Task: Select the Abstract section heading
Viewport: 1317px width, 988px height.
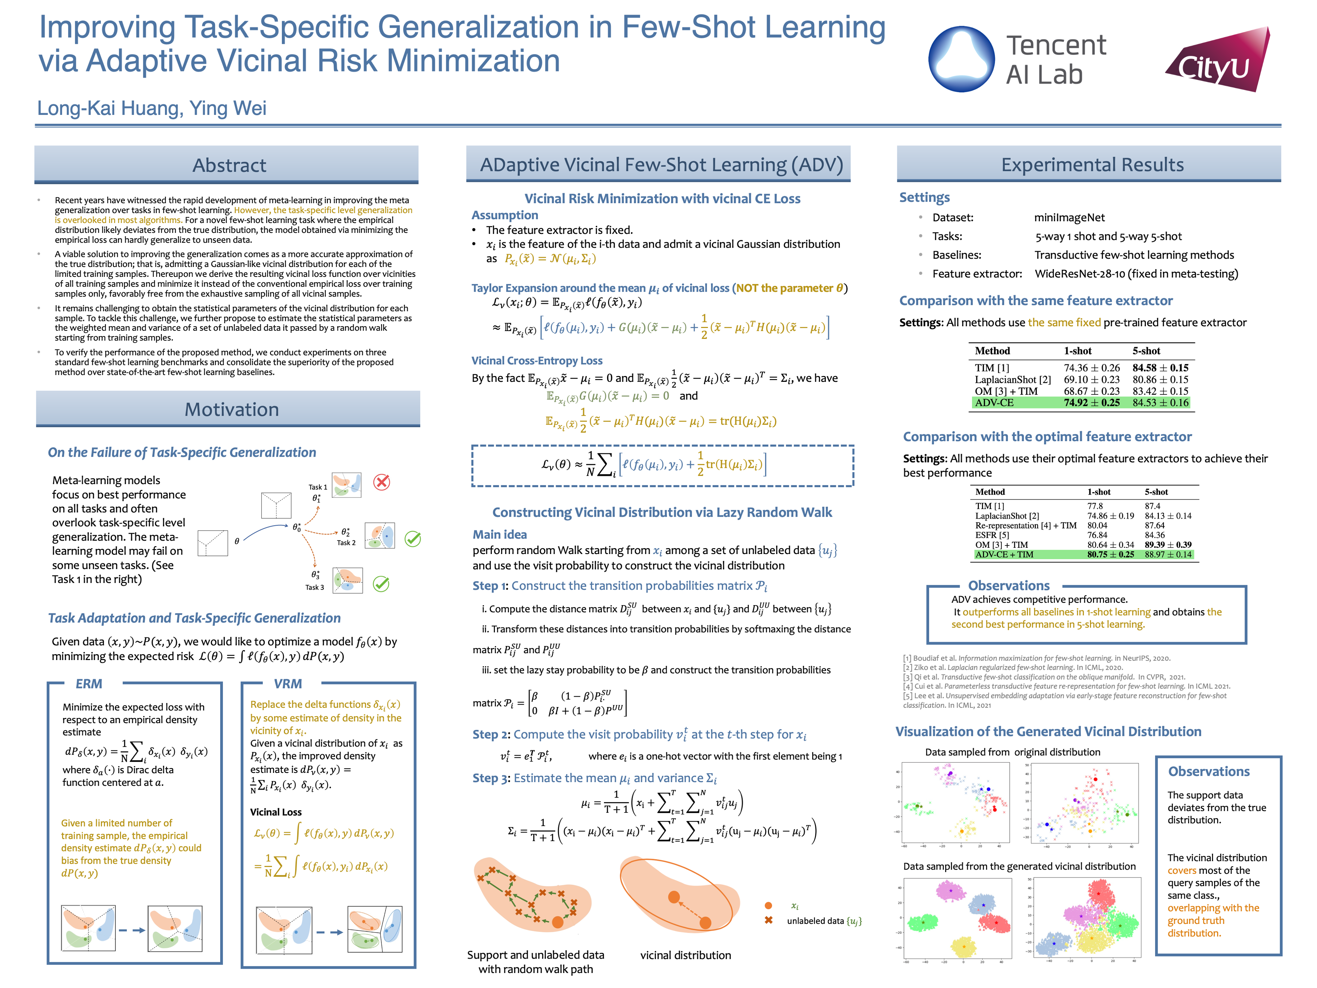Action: tap(229, 165)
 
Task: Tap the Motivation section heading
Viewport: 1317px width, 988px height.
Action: tap(232, 409)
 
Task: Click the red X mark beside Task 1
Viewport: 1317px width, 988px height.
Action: tap(382, 482)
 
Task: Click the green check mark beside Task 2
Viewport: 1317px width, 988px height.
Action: tap(413, 539)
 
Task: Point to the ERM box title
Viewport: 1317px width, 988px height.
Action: tap(89, 684)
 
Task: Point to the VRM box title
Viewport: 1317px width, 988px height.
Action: tap(287, 684)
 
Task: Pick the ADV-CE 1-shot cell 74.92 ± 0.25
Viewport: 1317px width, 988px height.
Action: tap(1091, 403)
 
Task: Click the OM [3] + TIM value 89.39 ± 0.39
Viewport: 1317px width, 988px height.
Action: tap(1167, 544)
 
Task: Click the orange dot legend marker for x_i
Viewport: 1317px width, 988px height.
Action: tap(768, 906)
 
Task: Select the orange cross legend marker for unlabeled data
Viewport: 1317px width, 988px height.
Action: tap(768, 920)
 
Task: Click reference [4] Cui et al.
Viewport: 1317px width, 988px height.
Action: tap(1066, 686)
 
